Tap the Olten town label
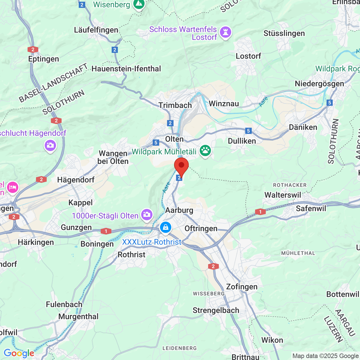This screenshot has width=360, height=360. click(x=174, y=139)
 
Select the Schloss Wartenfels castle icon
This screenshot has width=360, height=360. click(x=225, y=32)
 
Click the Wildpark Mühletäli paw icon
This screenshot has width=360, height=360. click(x=205, y=151)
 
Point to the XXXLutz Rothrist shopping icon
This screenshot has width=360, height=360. click(x=165, y=227)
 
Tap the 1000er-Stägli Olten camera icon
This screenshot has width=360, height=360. click(x=147, y=215)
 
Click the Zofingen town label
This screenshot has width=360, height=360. click(x=242, y=287)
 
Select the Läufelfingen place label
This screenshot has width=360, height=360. click(x=96, y=30)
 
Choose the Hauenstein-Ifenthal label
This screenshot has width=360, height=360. click(x=126, y=69)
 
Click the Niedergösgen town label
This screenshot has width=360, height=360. click(x=319, y=84)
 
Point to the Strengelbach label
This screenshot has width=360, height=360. click(x=216, y=310)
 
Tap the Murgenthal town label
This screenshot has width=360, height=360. click(x=78, y=316)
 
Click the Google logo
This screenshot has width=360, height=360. click(x=19, y=353)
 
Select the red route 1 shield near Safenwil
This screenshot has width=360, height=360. click(x=260, y=212)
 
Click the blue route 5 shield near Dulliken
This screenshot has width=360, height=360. click(x=248, y=130)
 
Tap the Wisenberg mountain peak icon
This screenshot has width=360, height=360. click(x=139, y=4)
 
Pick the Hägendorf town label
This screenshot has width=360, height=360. click(x=76, y=180)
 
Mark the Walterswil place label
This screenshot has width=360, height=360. click(x=283, y=195)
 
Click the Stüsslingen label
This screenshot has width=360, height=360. click(x=284, y=33)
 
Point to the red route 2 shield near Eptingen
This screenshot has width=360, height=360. click(x=33, y=49)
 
